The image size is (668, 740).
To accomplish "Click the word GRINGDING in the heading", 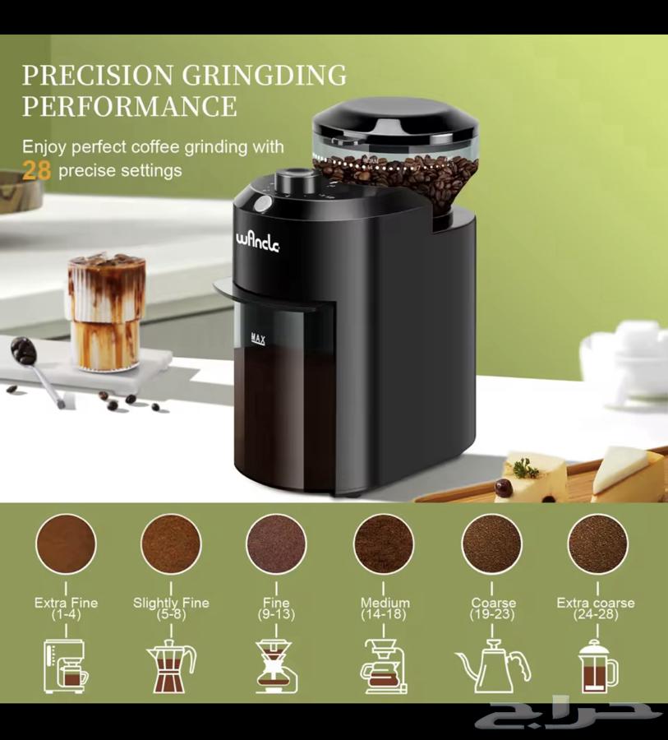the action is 265,76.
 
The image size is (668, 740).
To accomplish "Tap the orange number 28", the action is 36,170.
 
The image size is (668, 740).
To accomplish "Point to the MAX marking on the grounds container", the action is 258,339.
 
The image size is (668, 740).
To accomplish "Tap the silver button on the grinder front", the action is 263,203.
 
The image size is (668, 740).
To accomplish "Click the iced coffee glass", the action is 107,312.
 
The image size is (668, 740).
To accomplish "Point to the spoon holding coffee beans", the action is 36,369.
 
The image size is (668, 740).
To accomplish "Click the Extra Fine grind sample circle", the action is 66,543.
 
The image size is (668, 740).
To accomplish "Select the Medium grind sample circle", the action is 384,543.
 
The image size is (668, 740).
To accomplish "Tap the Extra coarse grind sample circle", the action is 597,543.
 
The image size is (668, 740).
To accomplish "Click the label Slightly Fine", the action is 171,603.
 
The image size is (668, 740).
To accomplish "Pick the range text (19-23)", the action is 492,614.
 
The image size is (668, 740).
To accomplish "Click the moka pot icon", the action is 171,665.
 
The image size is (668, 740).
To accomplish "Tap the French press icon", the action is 597,665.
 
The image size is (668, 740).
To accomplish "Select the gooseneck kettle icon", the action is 493,666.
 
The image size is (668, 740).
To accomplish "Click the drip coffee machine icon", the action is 66,666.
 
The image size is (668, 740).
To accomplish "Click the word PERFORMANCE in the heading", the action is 130,106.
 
